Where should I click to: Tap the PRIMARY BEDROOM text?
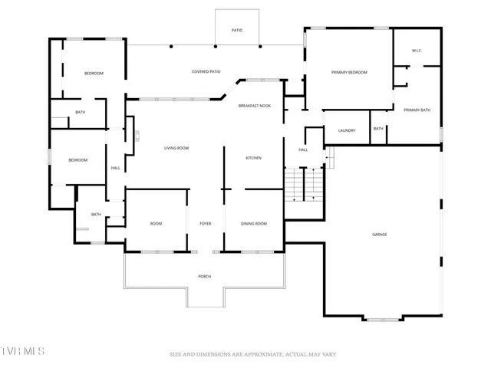(349, 72)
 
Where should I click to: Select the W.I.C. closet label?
(417, 51)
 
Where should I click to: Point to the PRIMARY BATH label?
(417, 110)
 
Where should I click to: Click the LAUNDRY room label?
(347, 130)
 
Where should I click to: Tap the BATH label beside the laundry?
(378, 129)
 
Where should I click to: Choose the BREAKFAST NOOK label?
(254, 106)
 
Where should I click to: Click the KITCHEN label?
(253, 158)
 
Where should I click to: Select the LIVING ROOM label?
(176, 148)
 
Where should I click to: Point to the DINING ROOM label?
(254, 223)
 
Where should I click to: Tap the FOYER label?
(206, 223)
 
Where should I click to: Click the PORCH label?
(204, 276)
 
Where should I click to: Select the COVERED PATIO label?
(206, 72)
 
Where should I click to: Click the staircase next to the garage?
(304, 186)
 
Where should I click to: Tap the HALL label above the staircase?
(303, 149)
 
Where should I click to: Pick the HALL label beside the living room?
(116, 168)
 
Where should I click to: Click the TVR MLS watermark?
(23, 351)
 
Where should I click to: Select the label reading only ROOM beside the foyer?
(156, 223)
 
